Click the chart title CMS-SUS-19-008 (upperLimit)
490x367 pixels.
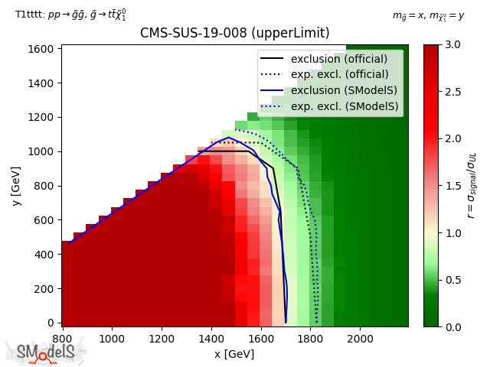coord(234,34)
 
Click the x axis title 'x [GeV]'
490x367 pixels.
coord(234,353)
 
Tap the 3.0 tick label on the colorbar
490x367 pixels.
coord(453,44)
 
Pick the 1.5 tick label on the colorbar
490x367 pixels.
coord(453,186)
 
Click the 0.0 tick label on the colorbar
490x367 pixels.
coord(453,326)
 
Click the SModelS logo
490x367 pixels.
coord(46,352)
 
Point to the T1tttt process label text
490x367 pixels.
coord(70,14)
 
